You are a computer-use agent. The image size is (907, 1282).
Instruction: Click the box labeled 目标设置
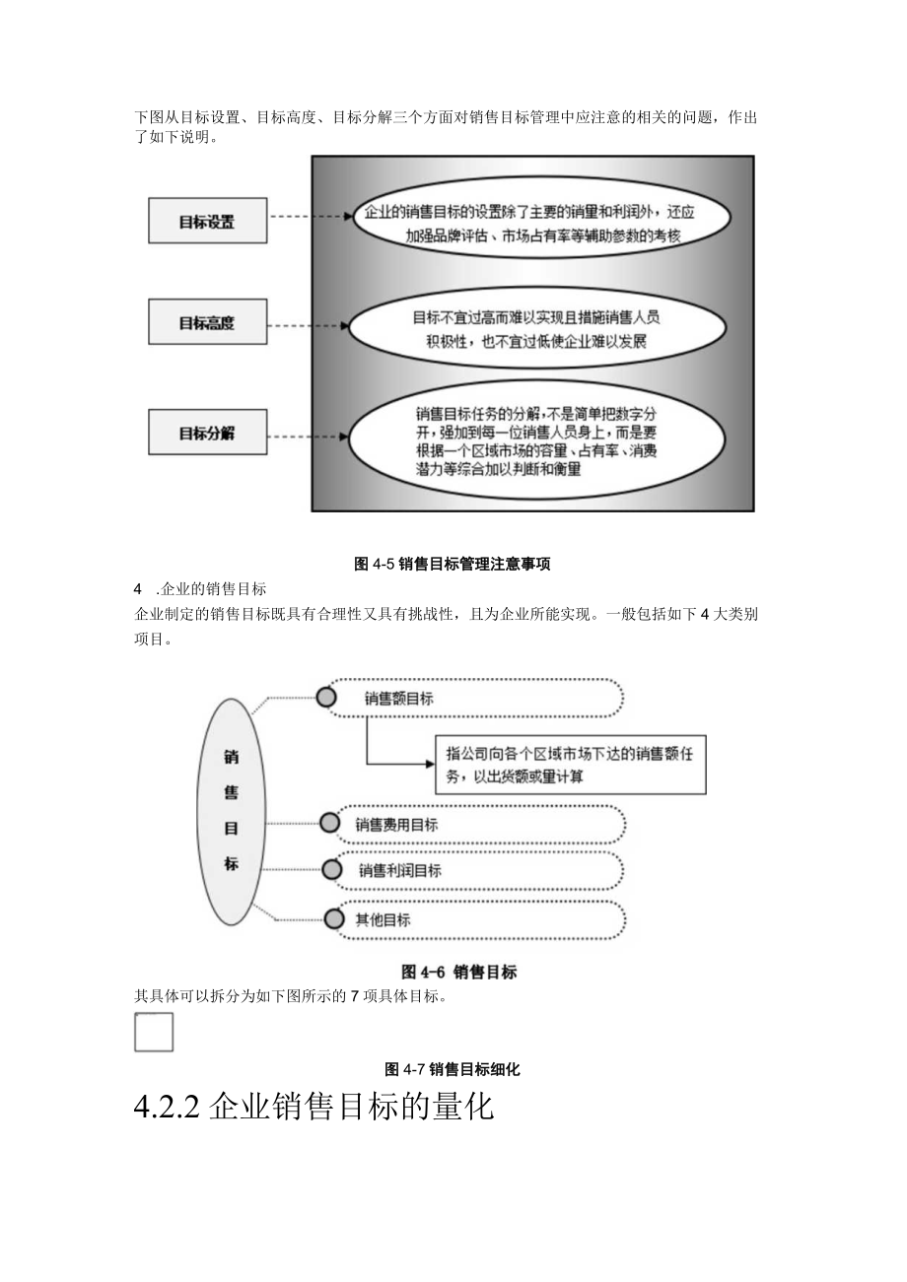(207, 221)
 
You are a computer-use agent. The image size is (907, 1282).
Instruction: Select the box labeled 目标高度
(207, 322)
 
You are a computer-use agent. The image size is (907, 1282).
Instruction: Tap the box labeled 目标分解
(207, 433)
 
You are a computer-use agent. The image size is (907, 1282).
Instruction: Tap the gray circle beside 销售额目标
(326, 698)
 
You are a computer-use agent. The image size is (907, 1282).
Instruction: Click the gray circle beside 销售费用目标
(330, 824)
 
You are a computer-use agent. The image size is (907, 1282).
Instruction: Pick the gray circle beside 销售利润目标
(332, 870)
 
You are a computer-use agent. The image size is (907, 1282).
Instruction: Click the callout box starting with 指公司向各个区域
(571, 765)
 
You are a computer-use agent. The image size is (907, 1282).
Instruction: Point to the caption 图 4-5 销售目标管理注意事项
(452, 565)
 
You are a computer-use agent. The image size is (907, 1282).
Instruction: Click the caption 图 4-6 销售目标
(458, 972)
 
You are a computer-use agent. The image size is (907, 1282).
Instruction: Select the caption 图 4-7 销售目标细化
(453, 1069)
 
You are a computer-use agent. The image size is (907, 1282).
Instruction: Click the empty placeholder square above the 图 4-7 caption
(154, 1033)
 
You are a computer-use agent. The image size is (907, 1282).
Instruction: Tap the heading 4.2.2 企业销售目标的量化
(313, 1107)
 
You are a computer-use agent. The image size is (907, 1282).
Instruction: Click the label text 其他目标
(383, 919)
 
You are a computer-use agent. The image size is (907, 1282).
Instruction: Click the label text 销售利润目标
(399, 871)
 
